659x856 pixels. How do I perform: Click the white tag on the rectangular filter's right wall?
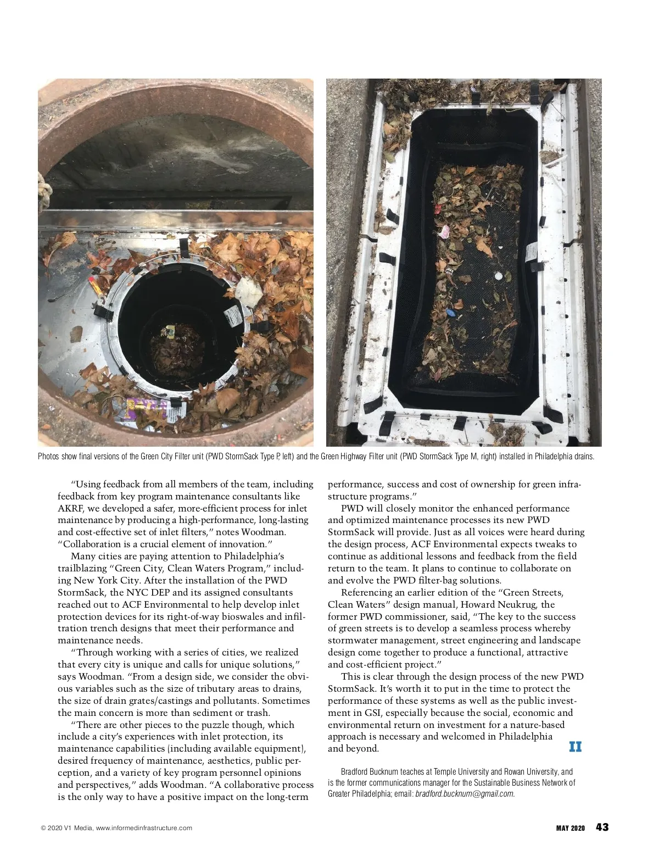[x=531, y=254]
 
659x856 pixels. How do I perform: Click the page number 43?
[x=602, y=827]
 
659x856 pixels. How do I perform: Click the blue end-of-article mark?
[x=575, y=747]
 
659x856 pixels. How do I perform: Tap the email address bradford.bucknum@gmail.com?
[x=465, y=793]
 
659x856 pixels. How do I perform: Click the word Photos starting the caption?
[x=48, y=457]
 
